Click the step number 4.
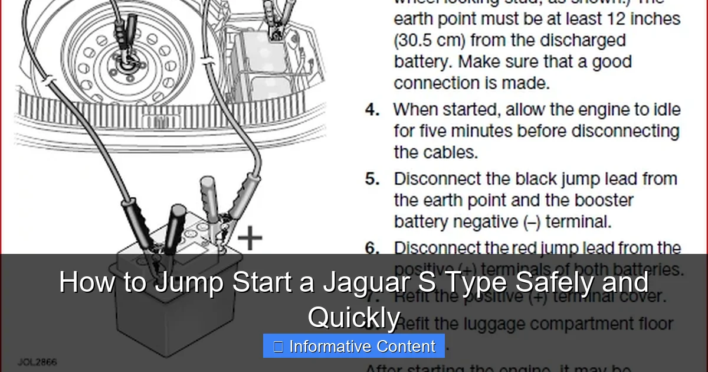[x=372, y=110]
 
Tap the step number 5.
[x=372, y=180]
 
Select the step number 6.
[x=372, y=249]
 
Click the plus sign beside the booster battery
[x=250, y=238]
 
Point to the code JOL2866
[x=37, y=361]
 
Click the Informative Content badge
[x=353, y=347]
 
